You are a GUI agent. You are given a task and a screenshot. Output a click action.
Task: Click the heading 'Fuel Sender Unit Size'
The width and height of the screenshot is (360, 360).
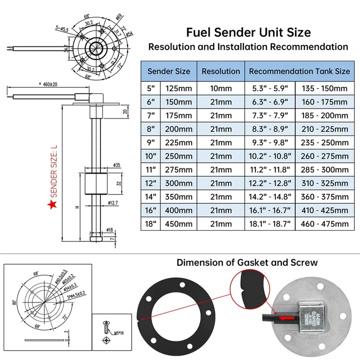pos(248,32)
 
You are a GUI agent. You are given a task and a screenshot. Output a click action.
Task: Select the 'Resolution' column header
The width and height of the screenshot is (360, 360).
pos(220,71)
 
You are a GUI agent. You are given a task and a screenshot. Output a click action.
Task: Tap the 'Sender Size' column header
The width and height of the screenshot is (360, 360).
pos(169,71)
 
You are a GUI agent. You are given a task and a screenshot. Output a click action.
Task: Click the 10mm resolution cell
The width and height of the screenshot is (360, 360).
pos(220,89)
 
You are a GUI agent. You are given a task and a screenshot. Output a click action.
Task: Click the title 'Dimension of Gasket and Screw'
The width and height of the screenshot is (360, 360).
pos(247,262)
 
